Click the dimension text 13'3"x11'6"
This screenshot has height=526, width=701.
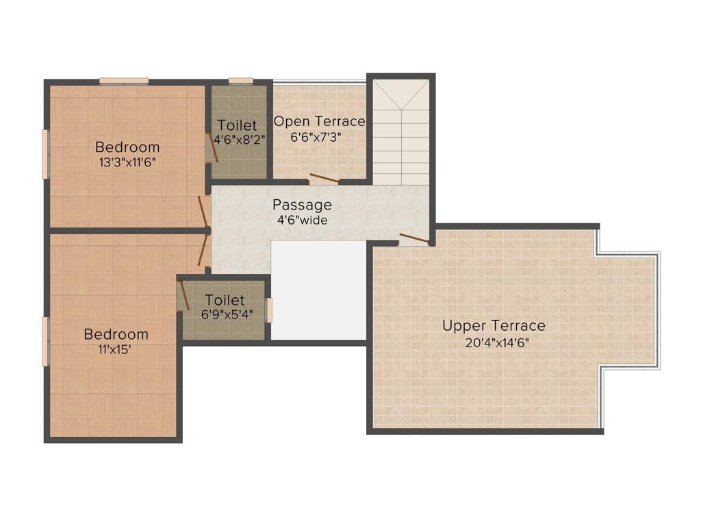[x=127, y=162]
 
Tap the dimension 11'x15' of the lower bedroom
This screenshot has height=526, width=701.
[x=115, y=349]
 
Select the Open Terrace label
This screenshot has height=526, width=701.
[x=319, y=121]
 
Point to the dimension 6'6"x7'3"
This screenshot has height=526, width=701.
[x=316, y=137]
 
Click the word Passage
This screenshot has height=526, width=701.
[x=302, y=205]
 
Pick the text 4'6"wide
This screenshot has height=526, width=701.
[x=302, y=220]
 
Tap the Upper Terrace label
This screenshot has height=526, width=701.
[x=494, y=325]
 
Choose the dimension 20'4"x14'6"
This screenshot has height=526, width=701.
[x=497, y=343]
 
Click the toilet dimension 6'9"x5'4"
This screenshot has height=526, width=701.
[x=227, y=314]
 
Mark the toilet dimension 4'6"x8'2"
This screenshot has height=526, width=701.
[x=239, y=140]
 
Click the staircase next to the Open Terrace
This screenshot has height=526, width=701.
[x=401, y=132]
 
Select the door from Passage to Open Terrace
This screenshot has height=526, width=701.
[x=324, y=179]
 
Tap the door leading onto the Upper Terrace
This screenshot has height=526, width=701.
[x=414, y=239]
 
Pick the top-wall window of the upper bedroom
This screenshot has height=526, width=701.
[x=124, y=81]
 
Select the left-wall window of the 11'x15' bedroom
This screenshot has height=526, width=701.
[x=45, y=341]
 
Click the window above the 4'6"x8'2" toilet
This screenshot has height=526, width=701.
[x=241, y=81]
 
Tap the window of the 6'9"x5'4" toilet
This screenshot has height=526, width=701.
[x=269, y=310]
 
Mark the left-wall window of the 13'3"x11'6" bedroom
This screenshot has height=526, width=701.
[x=45, y=154]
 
